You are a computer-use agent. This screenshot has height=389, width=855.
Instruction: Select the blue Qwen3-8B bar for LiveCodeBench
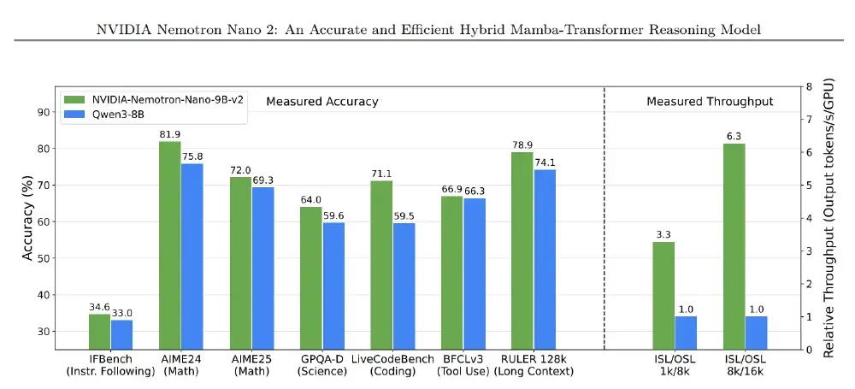404,286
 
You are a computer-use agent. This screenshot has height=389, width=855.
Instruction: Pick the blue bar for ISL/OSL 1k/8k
686,333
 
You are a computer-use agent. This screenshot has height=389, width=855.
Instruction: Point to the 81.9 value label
169,134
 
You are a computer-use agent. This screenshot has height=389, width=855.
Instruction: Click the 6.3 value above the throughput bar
734,136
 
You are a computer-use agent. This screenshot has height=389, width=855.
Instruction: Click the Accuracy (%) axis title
27,218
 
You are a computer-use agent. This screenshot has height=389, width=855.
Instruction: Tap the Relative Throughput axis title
828,218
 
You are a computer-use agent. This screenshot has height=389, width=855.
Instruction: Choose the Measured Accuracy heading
321,102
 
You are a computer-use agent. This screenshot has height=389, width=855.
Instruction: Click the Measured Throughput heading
710,102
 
